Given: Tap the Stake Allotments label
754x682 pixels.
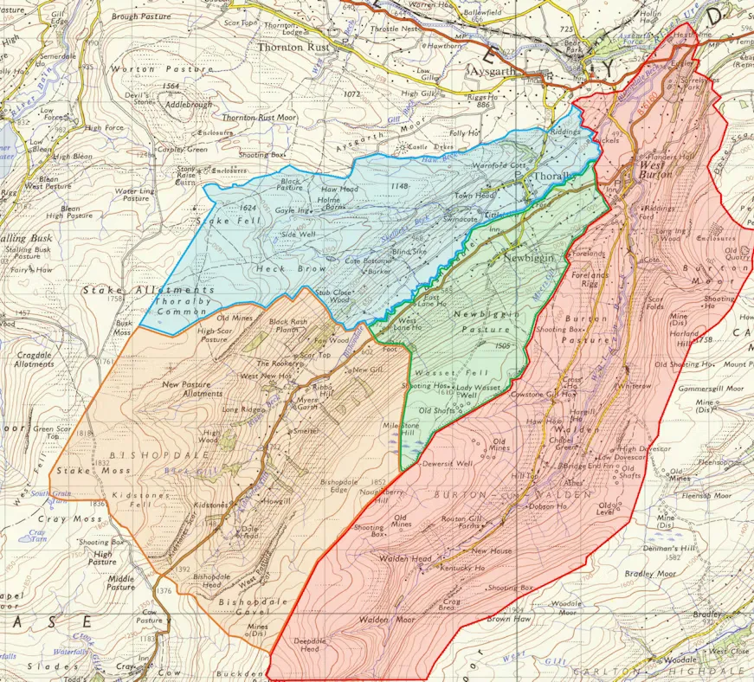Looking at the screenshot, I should tap(148, 290).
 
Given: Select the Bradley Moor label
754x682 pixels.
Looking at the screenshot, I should tap(650, 573).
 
